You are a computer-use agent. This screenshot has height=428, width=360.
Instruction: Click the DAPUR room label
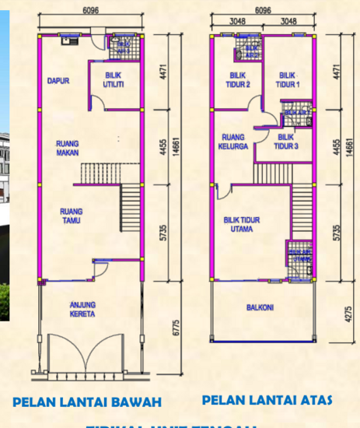pos(54,80)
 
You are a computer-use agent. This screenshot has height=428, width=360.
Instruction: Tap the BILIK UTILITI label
pos(116,80)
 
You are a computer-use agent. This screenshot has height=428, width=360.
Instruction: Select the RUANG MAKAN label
pos(71,148)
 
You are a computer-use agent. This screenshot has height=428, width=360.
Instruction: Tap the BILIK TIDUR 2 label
pos(238,80)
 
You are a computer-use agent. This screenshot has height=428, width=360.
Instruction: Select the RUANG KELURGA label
pos(234,141)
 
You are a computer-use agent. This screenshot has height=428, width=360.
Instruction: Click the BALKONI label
pos(260,307)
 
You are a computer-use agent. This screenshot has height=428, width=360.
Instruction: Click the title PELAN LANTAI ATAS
pos(267,400)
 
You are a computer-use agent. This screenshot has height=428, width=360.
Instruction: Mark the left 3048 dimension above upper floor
pos(237,22)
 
